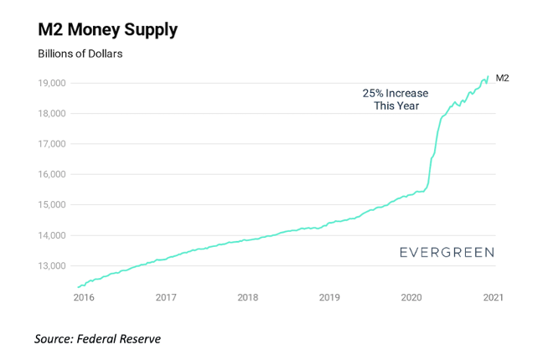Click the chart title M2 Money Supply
coord(107,31)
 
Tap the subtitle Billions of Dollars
coord(80,54)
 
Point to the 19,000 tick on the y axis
coord(51,83)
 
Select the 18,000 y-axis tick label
coord(51,114)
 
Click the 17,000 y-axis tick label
coord(51,144)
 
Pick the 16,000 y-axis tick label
coord(51,174)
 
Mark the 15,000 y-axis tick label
coord(51,205)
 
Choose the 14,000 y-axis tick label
coord(51,235)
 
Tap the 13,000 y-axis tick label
coord(51,265)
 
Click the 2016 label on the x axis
coord(83,297)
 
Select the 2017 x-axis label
coord(165,297)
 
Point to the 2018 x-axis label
coord(247,297)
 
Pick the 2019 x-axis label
coord(329,297)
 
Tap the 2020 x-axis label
coord(411,297)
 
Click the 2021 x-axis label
coord(493,297)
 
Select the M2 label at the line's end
coord(503,78)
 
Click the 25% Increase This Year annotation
coord(396,100)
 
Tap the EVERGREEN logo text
coord(446,251)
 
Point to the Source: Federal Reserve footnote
coord(97,338)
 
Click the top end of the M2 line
coord(489,76)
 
